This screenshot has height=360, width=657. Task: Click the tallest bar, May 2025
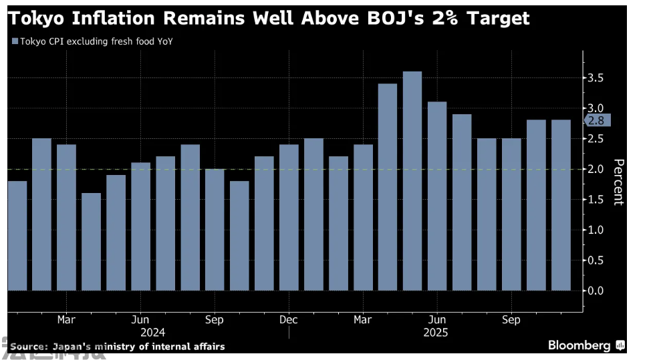pos(412,181)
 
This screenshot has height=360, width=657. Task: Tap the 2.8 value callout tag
pos(597,121)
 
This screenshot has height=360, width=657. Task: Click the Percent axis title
pos(618,182)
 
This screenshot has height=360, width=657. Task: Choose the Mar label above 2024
pos(66,320)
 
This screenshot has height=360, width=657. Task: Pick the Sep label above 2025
pos(511,320)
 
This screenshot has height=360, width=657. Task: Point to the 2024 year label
pos(152,332)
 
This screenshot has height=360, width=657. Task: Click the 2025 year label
pos(436,332)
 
